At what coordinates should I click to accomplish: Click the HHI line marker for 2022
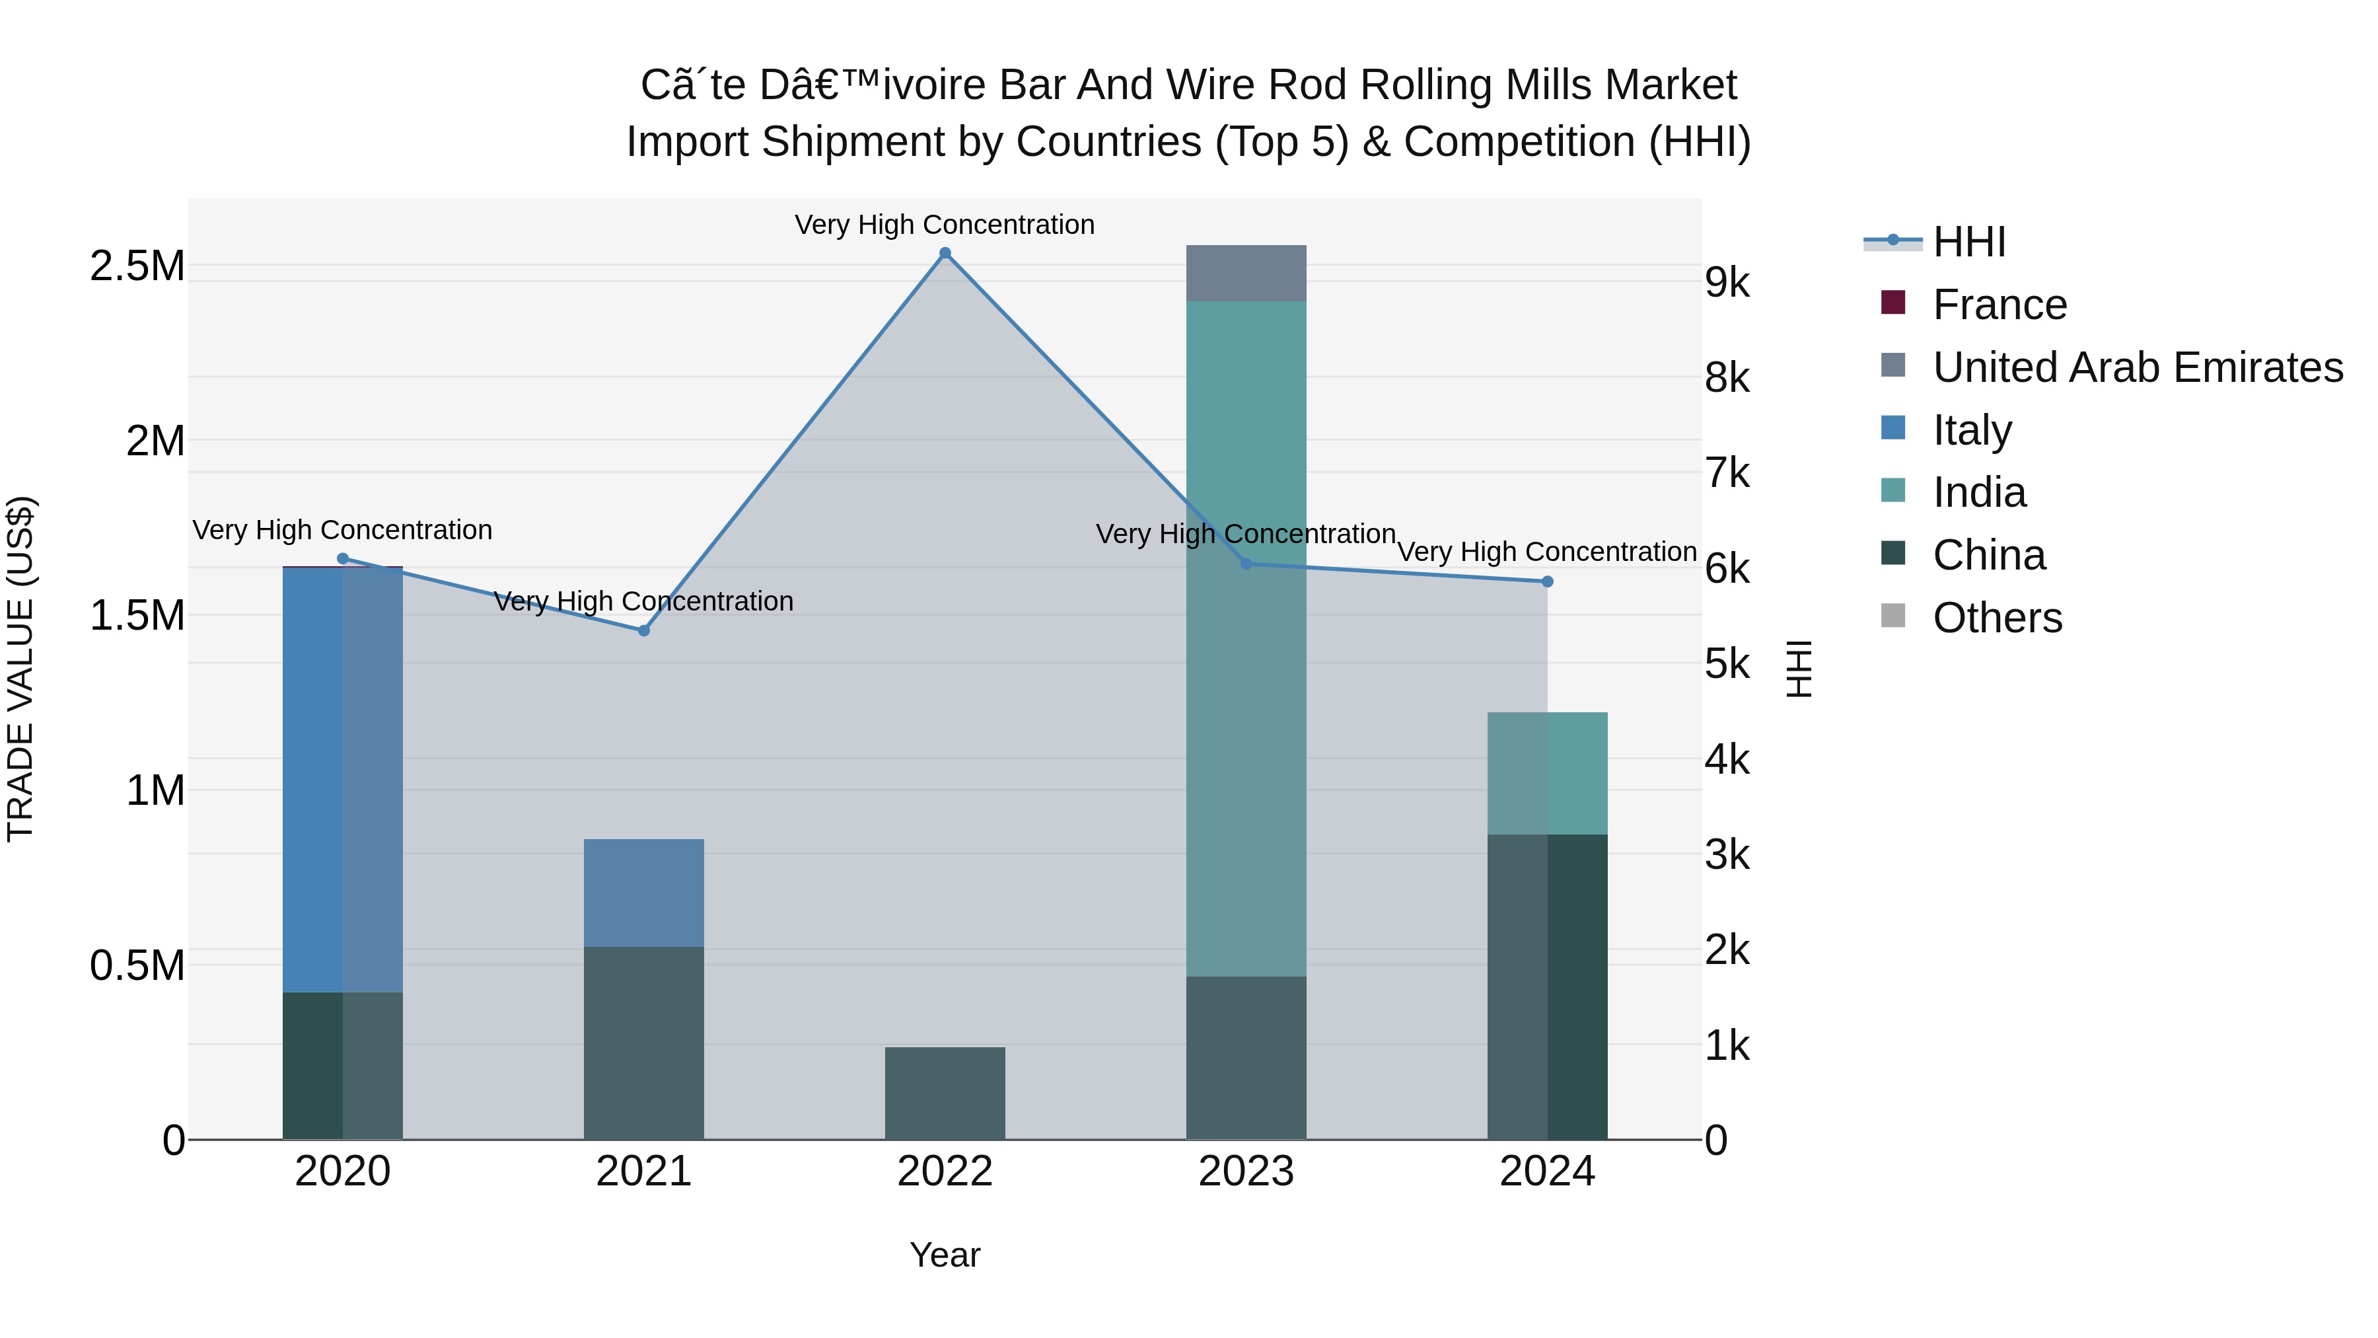click(945, 253)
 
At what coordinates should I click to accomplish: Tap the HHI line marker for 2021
click(644, 631)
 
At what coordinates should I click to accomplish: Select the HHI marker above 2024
click(1547, 581)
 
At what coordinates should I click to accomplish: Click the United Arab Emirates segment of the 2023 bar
click(1245, 274)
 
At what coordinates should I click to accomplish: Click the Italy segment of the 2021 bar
click(643, 892)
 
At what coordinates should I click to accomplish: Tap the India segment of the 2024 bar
click(1547, 773)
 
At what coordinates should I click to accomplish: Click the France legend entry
click(1999, 305)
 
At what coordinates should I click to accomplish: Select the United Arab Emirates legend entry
click(2137, 367)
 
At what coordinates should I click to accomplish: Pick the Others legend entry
click(1997, 618)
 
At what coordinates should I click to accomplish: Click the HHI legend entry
click(1968, 242)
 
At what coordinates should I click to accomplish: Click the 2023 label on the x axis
click(1245, 1171)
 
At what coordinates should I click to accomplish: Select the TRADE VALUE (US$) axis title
click(20, 669)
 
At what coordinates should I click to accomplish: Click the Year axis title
click(945, 1255)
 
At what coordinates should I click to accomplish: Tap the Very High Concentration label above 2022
click(945, 225)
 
